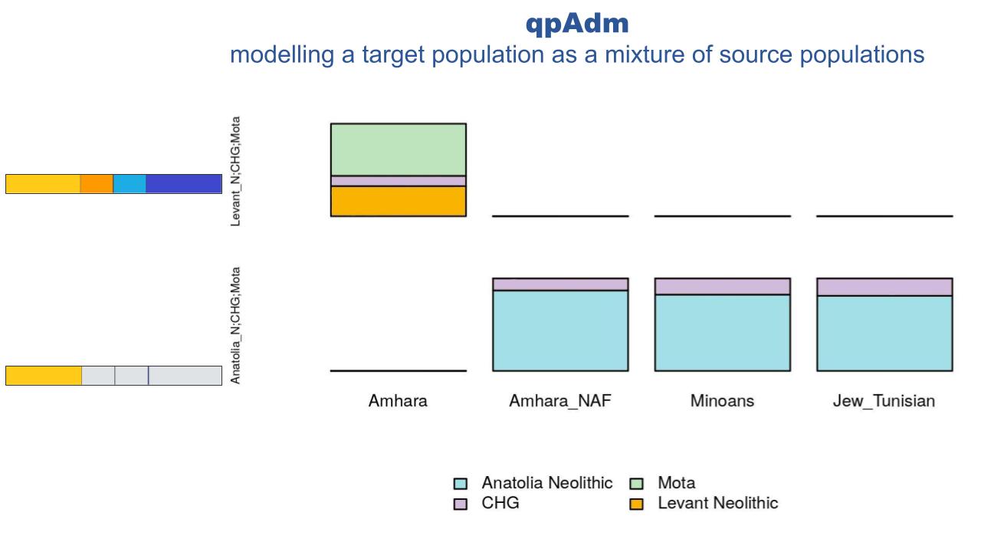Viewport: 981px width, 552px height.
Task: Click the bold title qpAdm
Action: (576, 23)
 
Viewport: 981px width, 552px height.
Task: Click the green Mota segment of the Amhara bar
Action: (398, 149)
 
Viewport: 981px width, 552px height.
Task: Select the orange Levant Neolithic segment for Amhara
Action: (398, 201)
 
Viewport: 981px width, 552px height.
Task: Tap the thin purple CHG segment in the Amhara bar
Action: (398, 181)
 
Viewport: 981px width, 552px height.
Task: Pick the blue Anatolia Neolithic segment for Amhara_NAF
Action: (560, 330)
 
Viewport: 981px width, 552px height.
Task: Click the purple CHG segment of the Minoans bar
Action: (722, 286)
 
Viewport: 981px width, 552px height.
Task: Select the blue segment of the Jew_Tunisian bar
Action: (884, 333)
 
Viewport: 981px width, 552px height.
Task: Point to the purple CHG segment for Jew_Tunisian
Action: (884, 287)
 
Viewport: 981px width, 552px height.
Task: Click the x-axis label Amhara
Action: (398, 401)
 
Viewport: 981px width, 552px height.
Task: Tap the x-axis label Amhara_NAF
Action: (560, 401)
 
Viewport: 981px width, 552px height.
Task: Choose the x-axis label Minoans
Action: (722, 401)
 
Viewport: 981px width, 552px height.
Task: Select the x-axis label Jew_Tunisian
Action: (884, 401)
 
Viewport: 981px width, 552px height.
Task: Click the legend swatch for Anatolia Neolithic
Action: (461, 484)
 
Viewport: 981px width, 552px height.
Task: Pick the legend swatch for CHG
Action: (461, 504)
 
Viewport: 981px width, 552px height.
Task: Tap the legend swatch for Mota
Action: (636, 484)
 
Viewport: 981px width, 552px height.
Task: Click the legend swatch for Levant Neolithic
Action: (636, 504)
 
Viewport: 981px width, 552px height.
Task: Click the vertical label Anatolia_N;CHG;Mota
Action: (236, 325)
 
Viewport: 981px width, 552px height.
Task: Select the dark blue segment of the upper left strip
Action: (183, 184)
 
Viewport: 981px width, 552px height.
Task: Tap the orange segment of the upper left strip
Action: (97, 184)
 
